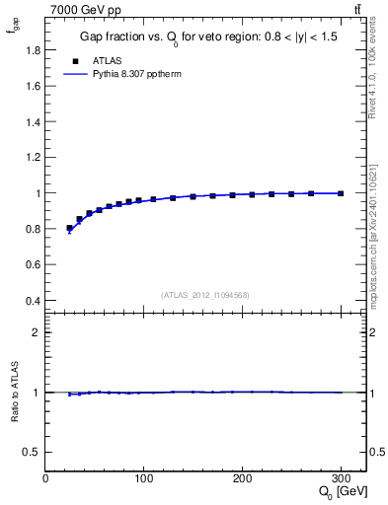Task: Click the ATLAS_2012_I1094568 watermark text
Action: [x=205, y=294]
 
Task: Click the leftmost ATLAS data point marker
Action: [x=69, y=228]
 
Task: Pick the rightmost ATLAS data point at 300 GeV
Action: [x=341, y=193]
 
